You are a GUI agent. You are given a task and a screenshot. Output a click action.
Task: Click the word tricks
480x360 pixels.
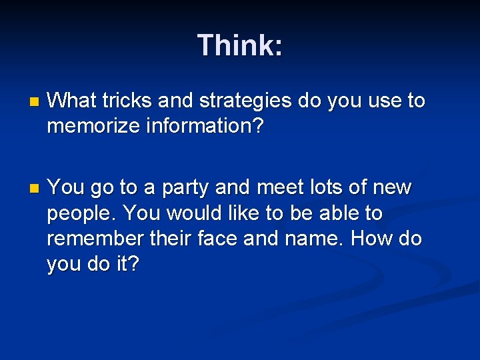pos(116,101)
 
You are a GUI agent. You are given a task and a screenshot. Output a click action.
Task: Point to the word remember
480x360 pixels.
pos(95,239)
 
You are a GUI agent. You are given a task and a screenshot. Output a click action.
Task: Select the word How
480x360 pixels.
pos(377,239)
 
